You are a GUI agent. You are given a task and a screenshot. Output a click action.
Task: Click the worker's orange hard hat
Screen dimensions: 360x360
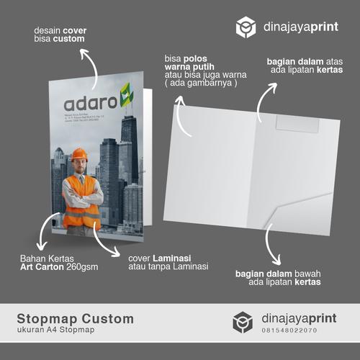click(80, 154)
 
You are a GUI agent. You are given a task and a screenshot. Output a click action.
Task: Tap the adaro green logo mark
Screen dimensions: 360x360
click(126, 93)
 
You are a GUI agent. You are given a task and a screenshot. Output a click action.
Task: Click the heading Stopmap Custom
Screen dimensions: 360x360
click(76, 318)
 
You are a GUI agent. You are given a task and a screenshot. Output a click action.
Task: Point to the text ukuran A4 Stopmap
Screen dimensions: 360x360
click(58, 330)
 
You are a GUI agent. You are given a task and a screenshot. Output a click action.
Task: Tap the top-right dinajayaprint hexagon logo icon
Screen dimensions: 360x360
click(246, 27)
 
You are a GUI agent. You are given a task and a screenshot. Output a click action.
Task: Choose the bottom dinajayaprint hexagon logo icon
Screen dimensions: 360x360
click(243, 322)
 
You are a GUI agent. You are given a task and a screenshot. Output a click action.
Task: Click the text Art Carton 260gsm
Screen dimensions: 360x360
click(59, 267)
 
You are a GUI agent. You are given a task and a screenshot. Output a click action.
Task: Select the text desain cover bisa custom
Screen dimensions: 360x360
click(59, 35)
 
